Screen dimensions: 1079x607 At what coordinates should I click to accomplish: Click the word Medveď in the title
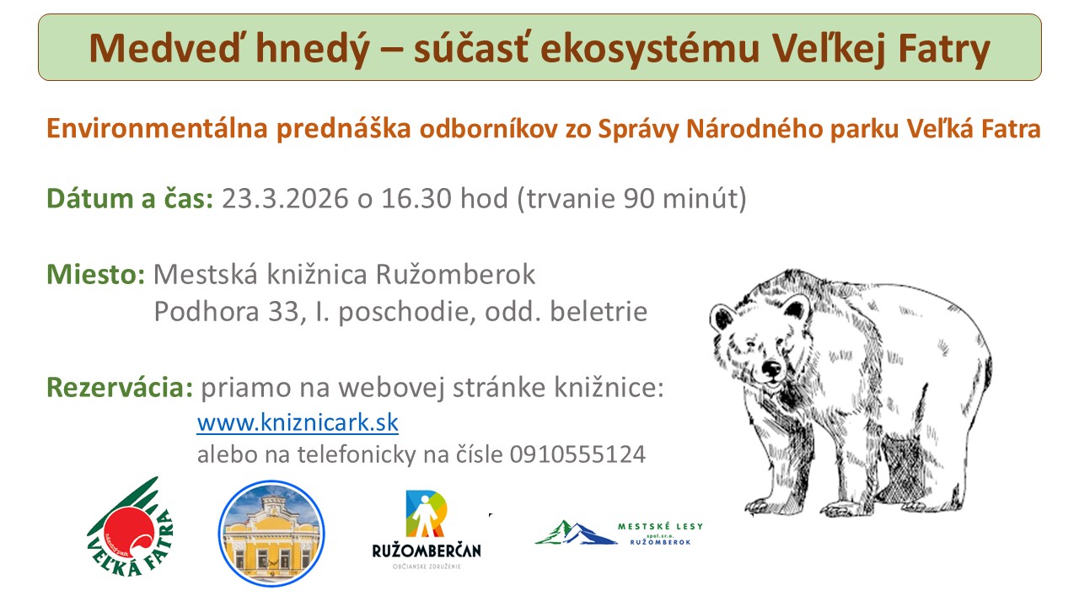(x=164, y=49)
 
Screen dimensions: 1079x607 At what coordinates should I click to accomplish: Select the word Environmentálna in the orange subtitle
(x=157, y=129)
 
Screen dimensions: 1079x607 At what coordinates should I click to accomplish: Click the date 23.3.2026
(x=285, y=198)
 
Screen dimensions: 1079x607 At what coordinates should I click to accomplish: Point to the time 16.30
(x=416, y=198)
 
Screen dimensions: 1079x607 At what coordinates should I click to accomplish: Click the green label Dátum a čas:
(x=130, y=198)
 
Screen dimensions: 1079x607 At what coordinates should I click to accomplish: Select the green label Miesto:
(x=96, y=275)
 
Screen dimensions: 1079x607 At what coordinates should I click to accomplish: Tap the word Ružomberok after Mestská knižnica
(x=456, y=275)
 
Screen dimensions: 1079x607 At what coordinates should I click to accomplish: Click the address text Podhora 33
(x=230, y=312)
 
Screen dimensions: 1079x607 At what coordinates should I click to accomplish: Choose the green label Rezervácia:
(x=120, y=387)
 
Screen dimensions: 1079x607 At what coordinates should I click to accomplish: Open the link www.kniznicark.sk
(x=298, y=423)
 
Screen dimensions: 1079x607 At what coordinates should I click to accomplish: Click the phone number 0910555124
(x=577, y=454)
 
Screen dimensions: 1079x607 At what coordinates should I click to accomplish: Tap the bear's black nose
(x=771, y=369)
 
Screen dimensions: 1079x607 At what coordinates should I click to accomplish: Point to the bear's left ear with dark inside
(x=722, y=319)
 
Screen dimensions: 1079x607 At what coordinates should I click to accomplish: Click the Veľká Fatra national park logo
(x=130, y=527)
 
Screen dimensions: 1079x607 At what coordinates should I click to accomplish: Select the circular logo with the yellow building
(x=271, y=534)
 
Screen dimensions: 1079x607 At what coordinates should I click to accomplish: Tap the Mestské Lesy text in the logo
(x=660, y=527)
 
